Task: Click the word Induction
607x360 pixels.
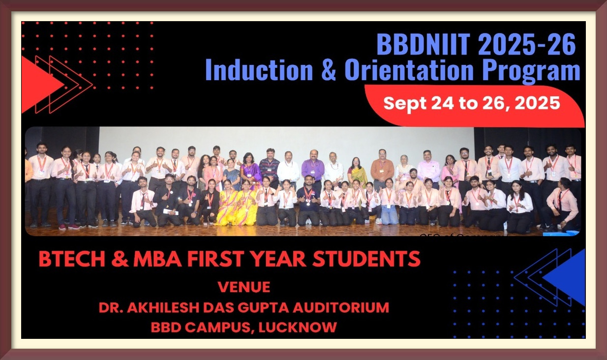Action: tap(259, 70)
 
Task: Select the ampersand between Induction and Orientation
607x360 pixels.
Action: tap(329, 70)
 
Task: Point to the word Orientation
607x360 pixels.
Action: tap(409, 70)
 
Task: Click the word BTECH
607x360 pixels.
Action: tap(72, 259)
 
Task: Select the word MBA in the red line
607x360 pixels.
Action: tap(158, 259)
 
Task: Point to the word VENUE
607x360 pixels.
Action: tap(244, 287)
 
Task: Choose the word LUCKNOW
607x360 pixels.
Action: tap(298, 327)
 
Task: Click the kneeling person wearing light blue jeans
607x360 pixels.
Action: tap(389, 202)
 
